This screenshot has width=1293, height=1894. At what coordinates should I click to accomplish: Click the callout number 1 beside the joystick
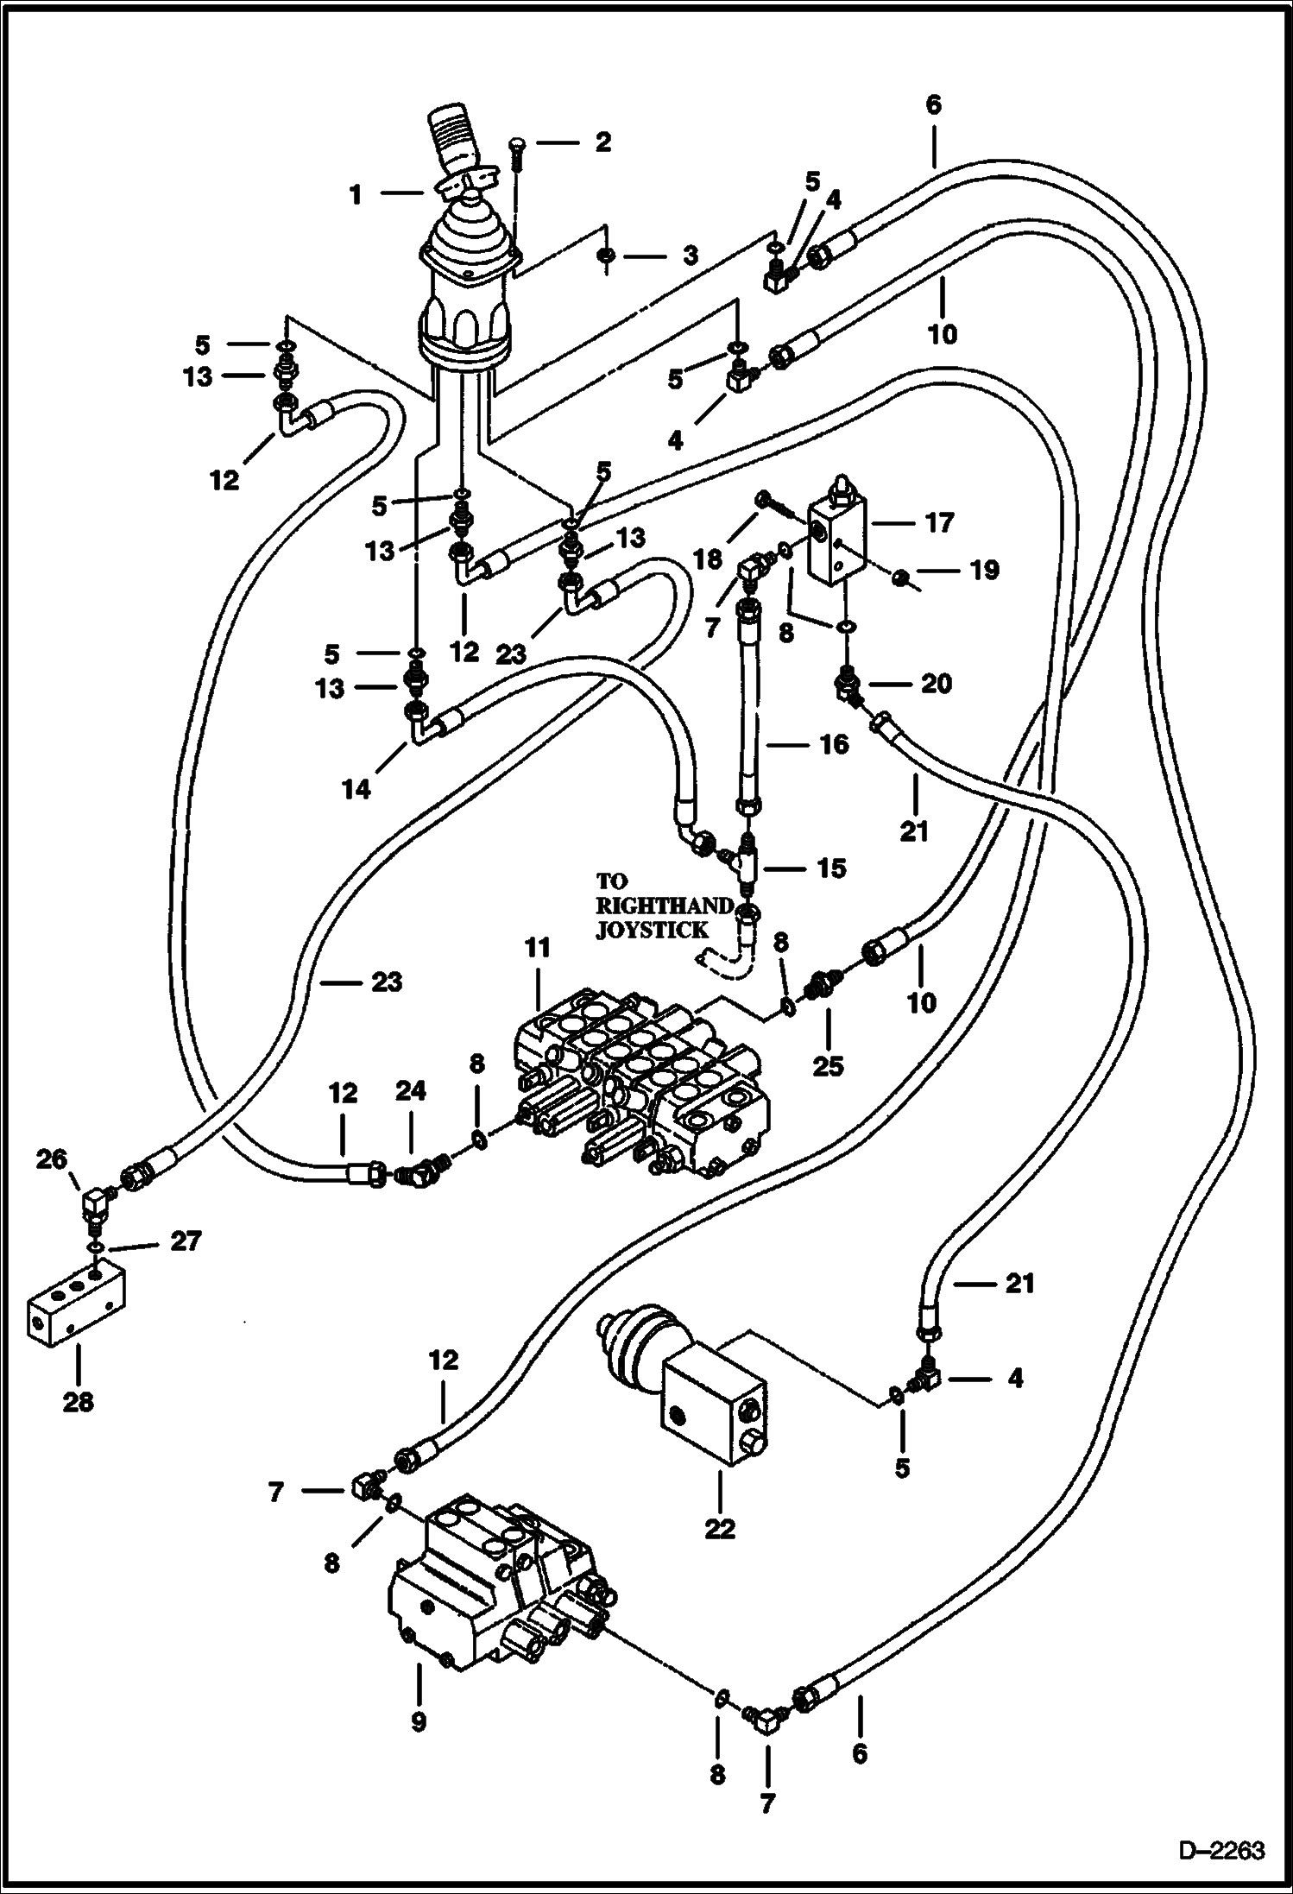tap(356, 195)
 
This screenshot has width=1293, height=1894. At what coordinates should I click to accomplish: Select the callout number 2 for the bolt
tap(602, 142)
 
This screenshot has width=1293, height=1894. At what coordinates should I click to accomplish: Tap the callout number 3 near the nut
tap(690, 256)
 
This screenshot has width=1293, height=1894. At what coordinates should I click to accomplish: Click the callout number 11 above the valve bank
tap(537, 949)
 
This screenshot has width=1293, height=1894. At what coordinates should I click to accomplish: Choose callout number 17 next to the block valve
tap(939, 522)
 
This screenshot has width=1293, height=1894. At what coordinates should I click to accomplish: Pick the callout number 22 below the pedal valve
tap(720, 1528)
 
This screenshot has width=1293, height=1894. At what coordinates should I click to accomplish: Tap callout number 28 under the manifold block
tap(79, 1403)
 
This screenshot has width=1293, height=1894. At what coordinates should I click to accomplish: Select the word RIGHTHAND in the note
tap(665, 906)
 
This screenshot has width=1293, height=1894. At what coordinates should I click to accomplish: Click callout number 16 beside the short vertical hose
tap(833, 744)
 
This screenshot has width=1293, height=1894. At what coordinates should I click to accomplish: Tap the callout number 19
tap(984, 570)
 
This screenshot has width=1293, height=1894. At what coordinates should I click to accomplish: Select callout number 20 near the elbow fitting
tap(936, 684)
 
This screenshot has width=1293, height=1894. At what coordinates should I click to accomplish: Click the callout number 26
tap(51, 1159)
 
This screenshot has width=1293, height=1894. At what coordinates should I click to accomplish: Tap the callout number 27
tap(186, 1241)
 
